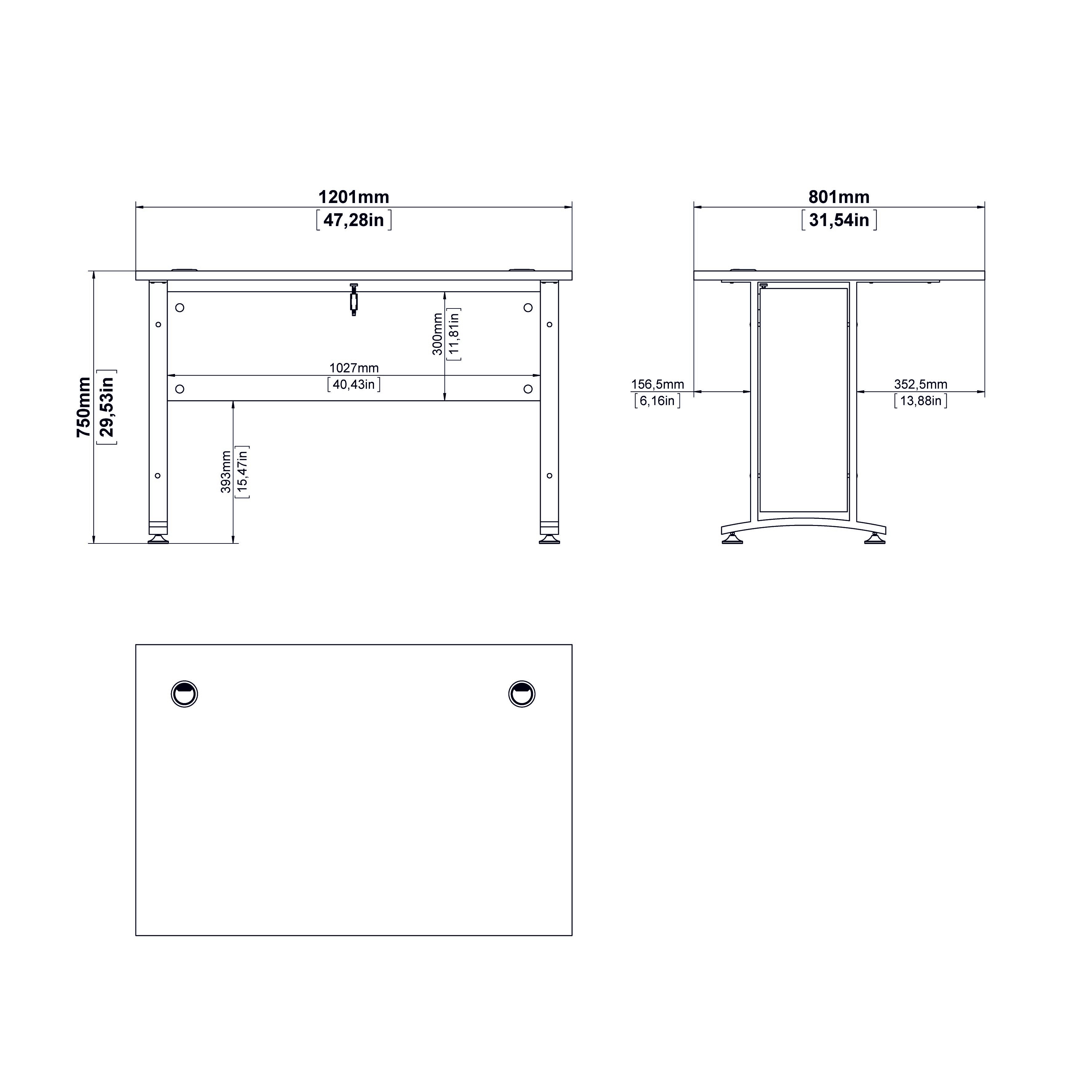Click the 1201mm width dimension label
[x=354, y=197]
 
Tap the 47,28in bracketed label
[x=354, y=220]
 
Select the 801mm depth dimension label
[x=839, y=197]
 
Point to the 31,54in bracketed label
[x=839, y=220]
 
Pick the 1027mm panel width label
[x=354, y=368]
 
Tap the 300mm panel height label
[x=438, y=334]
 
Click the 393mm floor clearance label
[x=226, y=472]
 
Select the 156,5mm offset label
[x=657, y=384]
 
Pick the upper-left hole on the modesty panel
[x=180, y=308]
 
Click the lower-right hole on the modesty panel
[x=528, y=389]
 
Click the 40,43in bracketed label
[x=354, y=384]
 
